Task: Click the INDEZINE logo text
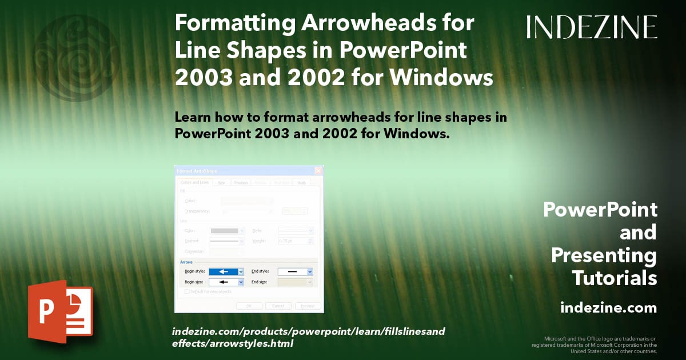[592, 27]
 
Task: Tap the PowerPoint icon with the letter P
[61, 311]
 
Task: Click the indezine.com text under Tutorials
[608, 308]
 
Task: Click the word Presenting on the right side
[604, 255]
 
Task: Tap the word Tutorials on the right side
[614, 278]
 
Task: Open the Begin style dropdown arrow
[241, 272]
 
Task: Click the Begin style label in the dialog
[194, 272]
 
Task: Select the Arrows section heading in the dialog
[186, 262]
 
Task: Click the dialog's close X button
[318, 170]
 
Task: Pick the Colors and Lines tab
[194, 183]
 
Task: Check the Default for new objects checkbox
[186, 291]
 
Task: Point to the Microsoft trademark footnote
[594, 345]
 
